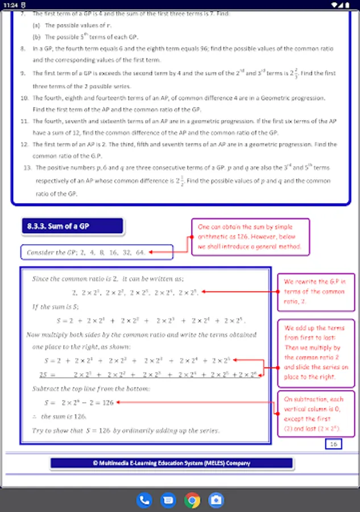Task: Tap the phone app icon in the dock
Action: [x=144, y=500]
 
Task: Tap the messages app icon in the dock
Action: [x=168, y=500]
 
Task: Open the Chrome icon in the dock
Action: [x=192, y=500]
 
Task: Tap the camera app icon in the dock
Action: [x=216, y=500]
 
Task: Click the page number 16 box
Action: [x=334, y=444]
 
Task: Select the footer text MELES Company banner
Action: [x=171, y=463]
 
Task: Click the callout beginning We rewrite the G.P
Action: [x=315, y=292]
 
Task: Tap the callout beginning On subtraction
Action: [x=315, y=413]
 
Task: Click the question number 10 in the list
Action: [x=24, y=98]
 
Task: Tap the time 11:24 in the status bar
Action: [x=10, y=4]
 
